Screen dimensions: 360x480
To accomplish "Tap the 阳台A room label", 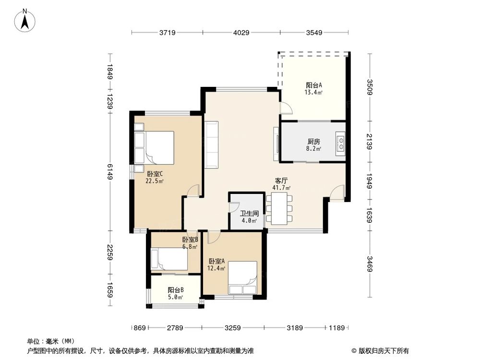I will (x=313, y=85).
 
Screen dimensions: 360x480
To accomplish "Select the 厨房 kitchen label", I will (x=313, y=142).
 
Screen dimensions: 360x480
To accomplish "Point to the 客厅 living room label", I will (x=281, y=181).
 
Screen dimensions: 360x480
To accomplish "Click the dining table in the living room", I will (x=279, y=207).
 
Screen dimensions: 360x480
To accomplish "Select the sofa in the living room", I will (x=212, y=144).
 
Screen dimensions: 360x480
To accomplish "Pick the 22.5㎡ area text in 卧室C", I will (x=155, y=181).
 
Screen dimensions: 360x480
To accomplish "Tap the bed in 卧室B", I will (x=169, y=259).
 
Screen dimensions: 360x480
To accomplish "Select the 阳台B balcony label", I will (x=176, y=290).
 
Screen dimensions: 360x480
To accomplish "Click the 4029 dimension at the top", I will (x=241, y=33).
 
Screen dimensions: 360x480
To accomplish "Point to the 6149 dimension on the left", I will (x=110, y=171).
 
